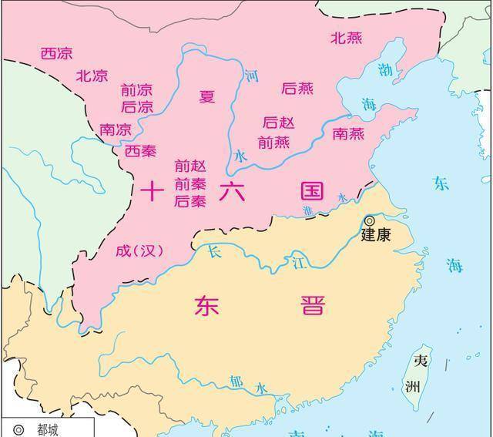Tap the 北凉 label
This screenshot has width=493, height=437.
pos(92,76)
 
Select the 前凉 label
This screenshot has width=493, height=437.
pos(137,90)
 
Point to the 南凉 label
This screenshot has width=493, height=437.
pos(116,130)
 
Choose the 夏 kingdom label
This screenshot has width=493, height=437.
pos(207,96)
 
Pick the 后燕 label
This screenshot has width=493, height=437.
pos(297,89)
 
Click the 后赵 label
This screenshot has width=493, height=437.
pos(278,123)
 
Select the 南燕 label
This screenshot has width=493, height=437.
pos(348,133)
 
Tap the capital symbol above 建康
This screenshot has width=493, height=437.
pos(370,220)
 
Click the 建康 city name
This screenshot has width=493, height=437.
pos(376,236)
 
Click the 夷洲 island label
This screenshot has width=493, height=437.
pos(421,374)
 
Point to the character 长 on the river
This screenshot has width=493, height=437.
pos(215,252)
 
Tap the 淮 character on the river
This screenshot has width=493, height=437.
pos(308,210)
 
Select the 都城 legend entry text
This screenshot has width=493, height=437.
pos(48,430)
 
